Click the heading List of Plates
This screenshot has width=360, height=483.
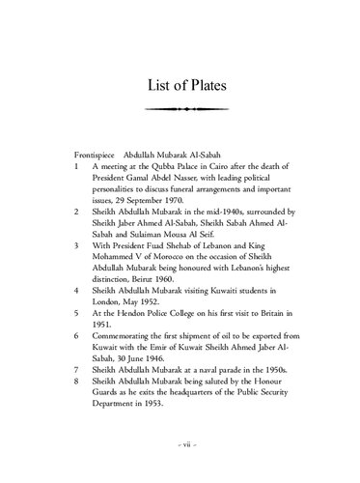[180, 84]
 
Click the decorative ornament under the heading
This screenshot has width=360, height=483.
[180, 108]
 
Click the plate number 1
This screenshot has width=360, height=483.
[76, 167]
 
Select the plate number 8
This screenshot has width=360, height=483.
[76, 383]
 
